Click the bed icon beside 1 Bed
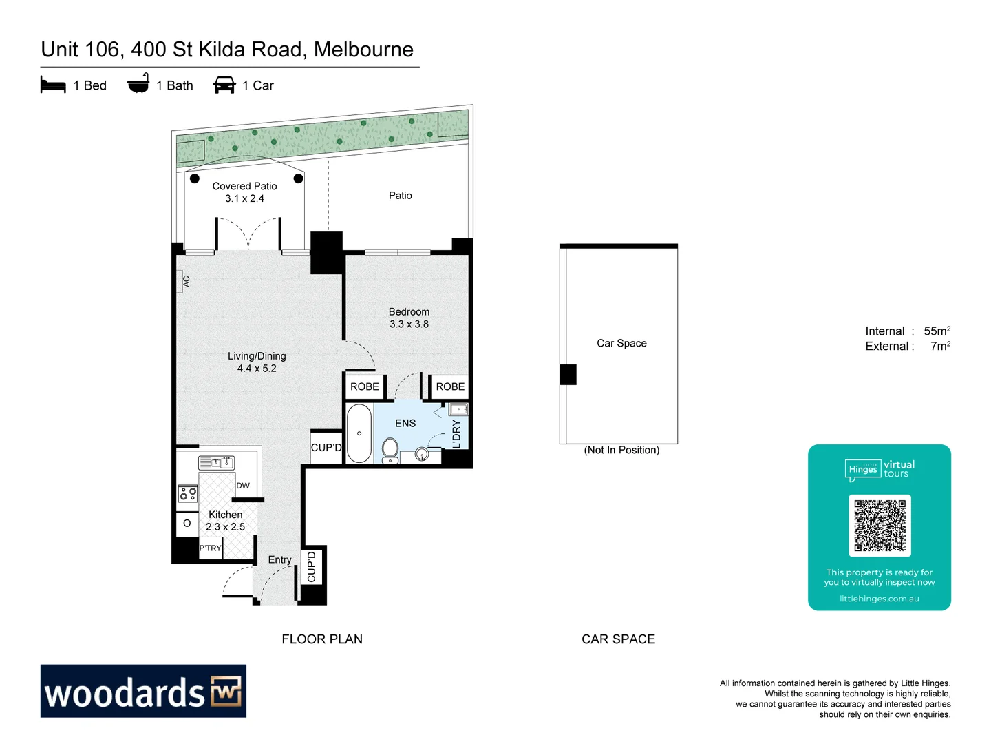53,85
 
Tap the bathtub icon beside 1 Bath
138,84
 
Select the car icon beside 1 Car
224,85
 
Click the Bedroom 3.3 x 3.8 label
409,318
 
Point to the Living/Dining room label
257,362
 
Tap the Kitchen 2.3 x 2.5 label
225,521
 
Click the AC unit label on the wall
186,281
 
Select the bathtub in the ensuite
359,433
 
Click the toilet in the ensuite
390,450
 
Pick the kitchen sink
217,463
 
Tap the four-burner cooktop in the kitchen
188,493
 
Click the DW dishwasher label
243,486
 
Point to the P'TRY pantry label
210,548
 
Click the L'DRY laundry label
456,434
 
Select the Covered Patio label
244,192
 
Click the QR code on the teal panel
880,526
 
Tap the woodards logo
143,691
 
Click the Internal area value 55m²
937,331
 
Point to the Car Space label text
621,343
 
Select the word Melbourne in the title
363,50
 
